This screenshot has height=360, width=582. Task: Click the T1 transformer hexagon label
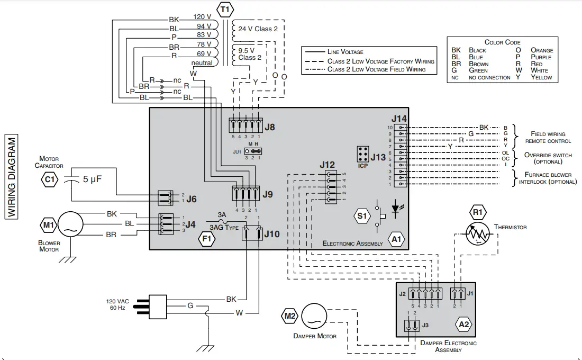pyautogui.click(x=224, y=9)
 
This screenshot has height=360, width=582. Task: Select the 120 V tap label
pyautogui.click(x=202, y=16)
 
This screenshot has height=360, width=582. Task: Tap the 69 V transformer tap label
pyautogui.click(x=204, y=53)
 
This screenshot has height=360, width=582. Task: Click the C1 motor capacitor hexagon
pyautogui.click(x=49, y=179)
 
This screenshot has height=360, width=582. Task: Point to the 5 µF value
pyautogui.click(x=92, y=179)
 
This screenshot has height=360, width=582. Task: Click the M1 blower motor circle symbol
pyautogui.click(x=70, y=224)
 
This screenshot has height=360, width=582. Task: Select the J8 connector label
pyautogui.click(x=270, y=127)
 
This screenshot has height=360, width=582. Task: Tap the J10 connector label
pyautogui.click(x=271, y=233)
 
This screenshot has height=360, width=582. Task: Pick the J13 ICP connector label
pyautogui.click(x=378, y=157)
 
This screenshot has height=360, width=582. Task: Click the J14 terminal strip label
pyautogui.click(x=399, y=119)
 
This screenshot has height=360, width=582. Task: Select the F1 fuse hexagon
pyautogui.click(x=206, y=239)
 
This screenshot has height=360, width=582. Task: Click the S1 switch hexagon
pyautogui.click(x=361, y=216)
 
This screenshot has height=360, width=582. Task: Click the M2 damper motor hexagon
pyautogui.click(x=290, y=316)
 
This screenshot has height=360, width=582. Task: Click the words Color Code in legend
pyautogui.click(x=502, y=42)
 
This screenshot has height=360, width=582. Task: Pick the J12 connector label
pyautogui.click(x=327, y=165)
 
